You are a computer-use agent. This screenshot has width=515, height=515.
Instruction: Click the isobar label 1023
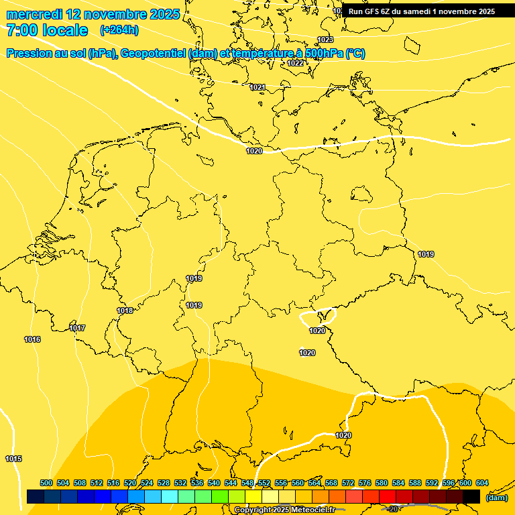[325, 40]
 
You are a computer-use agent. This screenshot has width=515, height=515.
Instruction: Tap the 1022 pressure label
[295, 63]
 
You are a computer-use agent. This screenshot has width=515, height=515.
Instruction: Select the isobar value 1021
[257, 87]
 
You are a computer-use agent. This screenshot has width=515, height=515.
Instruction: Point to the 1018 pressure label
[125, 310]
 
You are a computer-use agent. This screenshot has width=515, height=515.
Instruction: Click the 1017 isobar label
[77, 328]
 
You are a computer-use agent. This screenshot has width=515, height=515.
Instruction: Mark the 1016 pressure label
[32, 339]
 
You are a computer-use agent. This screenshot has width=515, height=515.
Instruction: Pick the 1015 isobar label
[13, 459]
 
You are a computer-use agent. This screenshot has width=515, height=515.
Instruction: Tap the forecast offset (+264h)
[119, 30]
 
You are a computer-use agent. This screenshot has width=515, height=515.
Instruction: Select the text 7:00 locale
[47, 30]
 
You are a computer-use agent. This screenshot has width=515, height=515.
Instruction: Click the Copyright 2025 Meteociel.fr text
[284, 510]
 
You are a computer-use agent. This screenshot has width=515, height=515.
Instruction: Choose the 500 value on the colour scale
[46, 483]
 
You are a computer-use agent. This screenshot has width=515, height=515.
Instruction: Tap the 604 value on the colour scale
[482, 483]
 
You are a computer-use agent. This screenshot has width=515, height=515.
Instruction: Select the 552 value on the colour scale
[264, 483]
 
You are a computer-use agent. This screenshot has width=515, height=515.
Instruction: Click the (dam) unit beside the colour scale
[496, 497]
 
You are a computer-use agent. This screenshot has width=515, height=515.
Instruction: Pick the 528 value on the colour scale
[164, 483]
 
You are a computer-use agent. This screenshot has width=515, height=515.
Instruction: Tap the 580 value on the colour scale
[382, 483]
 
